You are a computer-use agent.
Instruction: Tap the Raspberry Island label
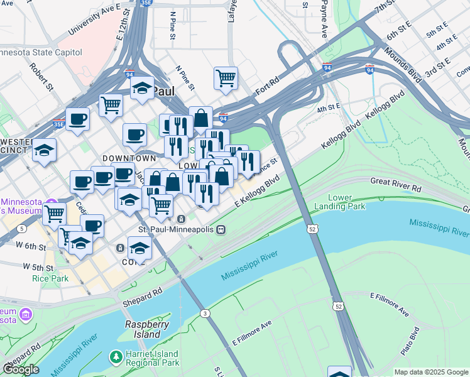tap(147, 329)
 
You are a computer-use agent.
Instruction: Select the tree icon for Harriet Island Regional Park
tap(116, 358)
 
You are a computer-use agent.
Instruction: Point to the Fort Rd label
tap(267, 87)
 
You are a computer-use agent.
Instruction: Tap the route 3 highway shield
tap(204, 313)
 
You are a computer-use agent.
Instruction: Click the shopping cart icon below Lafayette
tap(226, 79)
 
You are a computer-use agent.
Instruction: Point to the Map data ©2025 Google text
tap(430, 372)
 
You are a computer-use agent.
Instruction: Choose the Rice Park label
tap(36, 278)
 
